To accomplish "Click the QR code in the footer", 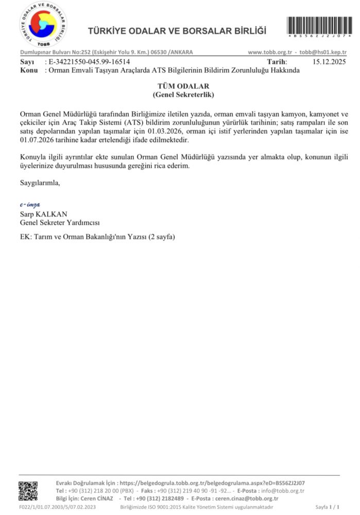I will [28, 491].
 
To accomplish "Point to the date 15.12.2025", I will [330, 61].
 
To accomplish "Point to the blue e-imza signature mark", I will [29, 205].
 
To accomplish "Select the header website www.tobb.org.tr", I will [270, 53].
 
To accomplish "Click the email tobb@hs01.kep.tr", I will [323, 53].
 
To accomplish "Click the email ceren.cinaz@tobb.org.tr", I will [246, 499].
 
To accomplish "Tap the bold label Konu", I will [29, 70].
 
